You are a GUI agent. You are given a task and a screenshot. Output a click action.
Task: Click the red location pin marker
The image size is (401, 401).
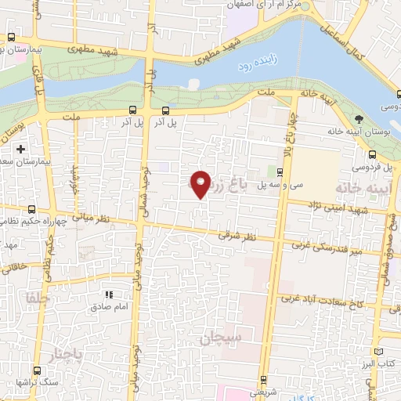pyautogui.click(x=201, y=183)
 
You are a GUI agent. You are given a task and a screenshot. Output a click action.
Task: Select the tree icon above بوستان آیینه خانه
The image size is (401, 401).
pyautogui.click(x=358, y=118)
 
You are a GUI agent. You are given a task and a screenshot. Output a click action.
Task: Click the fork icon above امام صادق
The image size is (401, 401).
pyautogui.click(x=110, y=294)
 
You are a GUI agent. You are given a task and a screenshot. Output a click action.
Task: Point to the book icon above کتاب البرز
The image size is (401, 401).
pyautogui.click(x=380, y=353)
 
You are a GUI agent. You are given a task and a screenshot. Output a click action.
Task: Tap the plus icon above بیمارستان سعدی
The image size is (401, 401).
pyautogui.click(x=20, y=148)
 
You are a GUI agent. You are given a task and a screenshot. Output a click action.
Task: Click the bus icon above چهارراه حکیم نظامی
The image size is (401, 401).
pyautogui.click(x=31, y=209)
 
